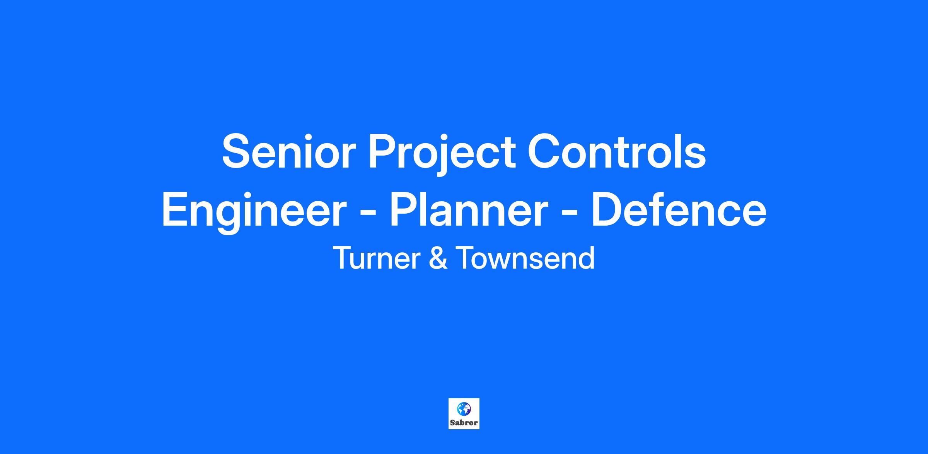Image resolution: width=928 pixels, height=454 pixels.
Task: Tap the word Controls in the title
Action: click(x=617, y=151)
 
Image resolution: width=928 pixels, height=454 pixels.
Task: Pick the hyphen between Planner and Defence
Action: click(x=570, y=214)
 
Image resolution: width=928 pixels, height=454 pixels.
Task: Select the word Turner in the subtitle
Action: click(x=377, y=258)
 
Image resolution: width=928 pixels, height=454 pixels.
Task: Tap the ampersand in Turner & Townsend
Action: click(x=438, y=258)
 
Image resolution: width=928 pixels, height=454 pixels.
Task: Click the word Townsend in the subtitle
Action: click(x=525, y=258)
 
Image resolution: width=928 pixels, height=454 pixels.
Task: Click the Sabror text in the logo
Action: click(x=464, y=423)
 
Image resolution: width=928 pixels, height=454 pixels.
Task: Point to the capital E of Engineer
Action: click(x=176, y=209)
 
